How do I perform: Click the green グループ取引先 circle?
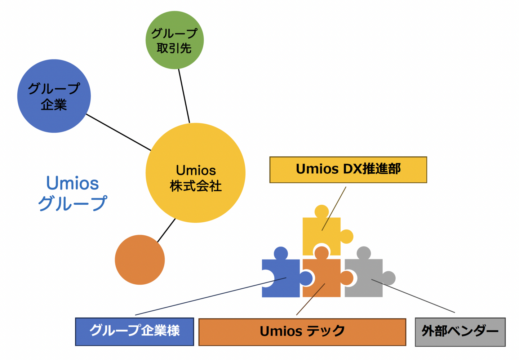tap(175, 40)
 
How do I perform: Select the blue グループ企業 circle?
tap(54, 96)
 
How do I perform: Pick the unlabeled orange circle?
tap(140, 260)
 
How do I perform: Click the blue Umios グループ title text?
tap(72, 193)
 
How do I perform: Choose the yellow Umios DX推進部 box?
tap(348, 170)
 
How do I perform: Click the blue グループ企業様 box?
tap(134, 332)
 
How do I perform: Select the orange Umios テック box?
tap(302, 332)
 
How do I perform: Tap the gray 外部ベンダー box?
tap(460, 332)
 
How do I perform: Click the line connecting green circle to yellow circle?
tap(184, 96)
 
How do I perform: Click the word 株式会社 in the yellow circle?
tap(195, 186)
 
